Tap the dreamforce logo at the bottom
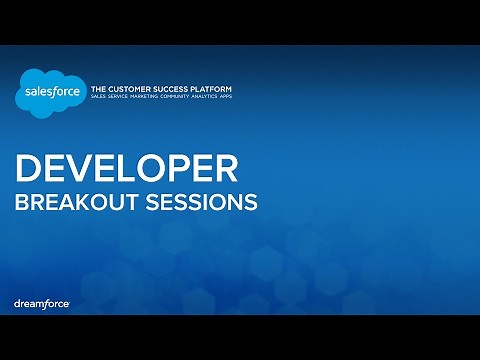pos(41,302)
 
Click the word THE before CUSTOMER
pos(99,89)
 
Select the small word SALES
pos(99,98)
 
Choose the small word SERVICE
pos(122,98)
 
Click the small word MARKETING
pos(151,98)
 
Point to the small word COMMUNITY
pos(185,98)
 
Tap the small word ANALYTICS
pos(218,98)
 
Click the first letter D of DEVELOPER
pos(27,167)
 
